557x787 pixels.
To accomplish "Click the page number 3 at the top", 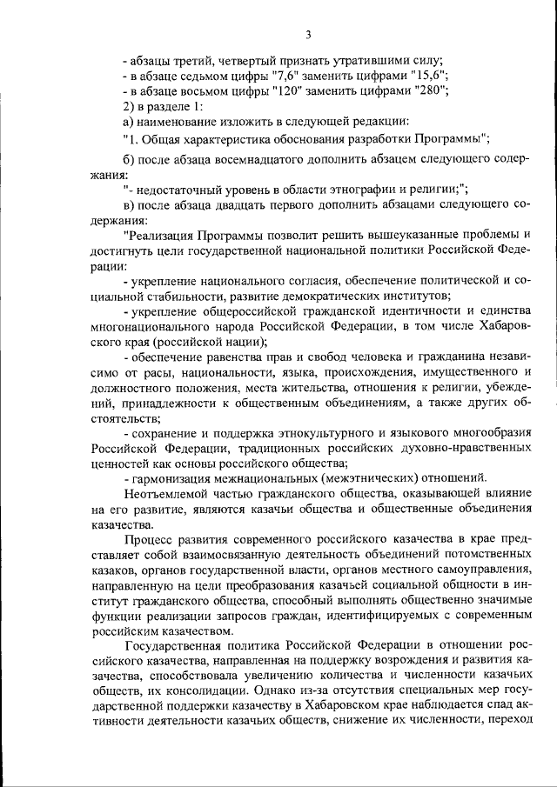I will point(308,35).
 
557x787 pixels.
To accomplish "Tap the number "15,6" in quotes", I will point(406,76).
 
